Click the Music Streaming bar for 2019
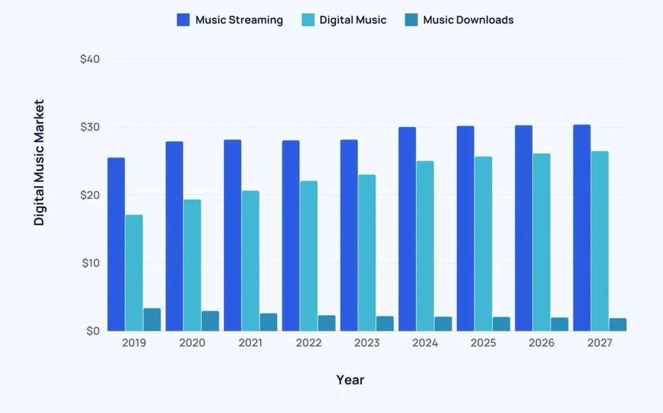[x=116, y=244]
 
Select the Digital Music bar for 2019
[x=134, y=273]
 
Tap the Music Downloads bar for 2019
[x=152, y=320]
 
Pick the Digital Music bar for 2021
[x=250, y=260]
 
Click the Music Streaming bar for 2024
[x=407, y=229]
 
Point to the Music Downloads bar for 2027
[x=618, y=325]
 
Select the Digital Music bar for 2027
[x=599, y=241]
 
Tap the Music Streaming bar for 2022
[x=291, y=236]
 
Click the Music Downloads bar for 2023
[x=385, y=323]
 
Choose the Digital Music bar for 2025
[x=483, y=244]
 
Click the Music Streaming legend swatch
[x=183, y=20]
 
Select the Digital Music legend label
[x=352, y=20]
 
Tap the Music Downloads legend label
[x=468, y=20]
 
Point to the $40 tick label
[x=90, y=59]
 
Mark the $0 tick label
[x=92, y=331]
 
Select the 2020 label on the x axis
[x=192, y=343]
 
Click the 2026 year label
[x=541, y=343]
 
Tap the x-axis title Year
[x=350, y=380]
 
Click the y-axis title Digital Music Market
[x=39, y=163]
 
